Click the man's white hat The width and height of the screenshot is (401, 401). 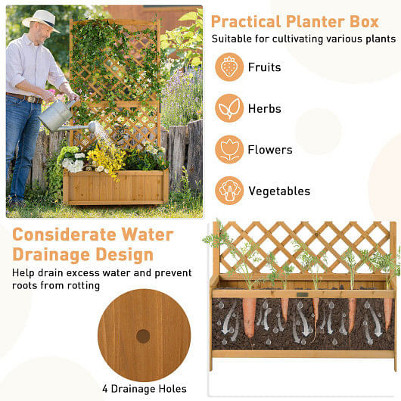click(x=40, y=18)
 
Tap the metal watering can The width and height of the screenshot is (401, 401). click(x=58, y=114)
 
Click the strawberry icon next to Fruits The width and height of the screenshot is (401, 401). click(x=229, y=67)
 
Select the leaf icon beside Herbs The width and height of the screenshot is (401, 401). click(x=229, y=108)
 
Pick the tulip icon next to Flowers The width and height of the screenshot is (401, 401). click(x=229, y=149)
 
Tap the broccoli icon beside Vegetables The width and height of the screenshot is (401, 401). click(x=229, y=191)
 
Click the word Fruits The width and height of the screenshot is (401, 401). click(x=264, y=67)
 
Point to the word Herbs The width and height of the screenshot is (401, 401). click(x=265, y=109)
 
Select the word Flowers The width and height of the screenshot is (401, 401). click(x=270, y=150)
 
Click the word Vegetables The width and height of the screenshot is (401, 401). click(x=279, y=191)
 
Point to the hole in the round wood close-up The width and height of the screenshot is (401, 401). click(x=143, y=335)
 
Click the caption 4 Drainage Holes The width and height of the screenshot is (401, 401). click(x=145, y=389)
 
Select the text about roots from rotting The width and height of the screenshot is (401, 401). click(x=56, y=286)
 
